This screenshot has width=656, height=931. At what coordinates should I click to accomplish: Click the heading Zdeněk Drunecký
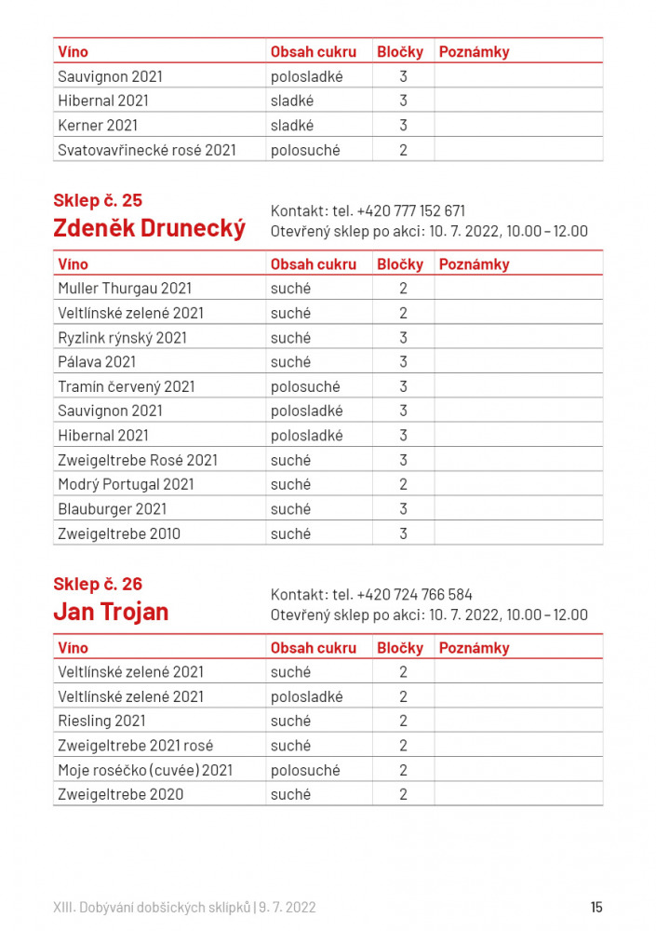(150, 228)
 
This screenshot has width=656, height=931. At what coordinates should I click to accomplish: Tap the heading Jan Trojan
(111, 612)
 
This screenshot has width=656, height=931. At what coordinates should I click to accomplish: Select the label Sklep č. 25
(98, 199)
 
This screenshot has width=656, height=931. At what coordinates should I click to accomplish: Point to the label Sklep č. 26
(98, 584)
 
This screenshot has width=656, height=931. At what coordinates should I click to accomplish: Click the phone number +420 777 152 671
(410, 210)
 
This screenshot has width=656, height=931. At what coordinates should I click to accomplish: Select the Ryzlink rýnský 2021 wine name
(122, 337)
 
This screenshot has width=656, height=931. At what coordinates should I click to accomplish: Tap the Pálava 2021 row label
(97, 362)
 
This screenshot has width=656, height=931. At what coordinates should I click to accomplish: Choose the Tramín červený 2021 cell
(127, 386)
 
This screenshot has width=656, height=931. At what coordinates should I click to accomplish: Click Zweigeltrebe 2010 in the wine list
(119, 533)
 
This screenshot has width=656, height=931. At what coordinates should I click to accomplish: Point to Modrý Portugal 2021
(126, 484)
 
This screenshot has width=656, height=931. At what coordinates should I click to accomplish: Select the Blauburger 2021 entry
(112, 509)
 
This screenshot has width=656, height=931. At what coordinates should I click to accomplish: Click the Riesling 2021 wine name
(101, 721)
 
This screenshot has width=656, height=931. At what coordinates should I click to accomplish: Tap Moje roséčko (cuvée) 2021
(145, 770)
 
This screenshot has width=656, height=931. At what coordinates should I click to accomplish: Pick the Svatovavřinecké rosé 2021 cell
(147, 150)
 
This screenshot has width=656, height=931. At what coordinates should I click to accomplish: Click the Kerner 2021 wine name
(93, 126)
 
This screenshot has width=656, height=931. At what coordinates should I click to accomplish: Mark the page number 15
(596, 907)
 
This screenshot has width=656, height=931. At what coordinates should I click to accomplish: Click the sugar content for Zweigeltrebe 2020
(290, 794)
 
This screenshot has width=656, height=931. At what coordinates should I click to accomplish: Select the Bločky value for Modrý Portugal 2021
(403, 484)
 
